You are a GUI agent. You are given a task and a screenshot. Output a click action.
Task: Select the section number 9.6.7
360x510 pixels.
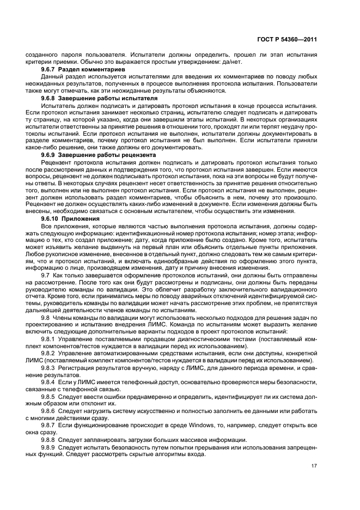(49, 70)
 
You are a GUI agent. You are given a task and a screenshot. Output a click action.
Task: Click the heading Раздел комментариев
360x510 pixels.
(93, 70)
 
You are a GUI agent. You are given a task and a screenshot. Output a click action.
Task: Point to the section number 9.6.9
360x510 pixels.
(49, 155)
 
